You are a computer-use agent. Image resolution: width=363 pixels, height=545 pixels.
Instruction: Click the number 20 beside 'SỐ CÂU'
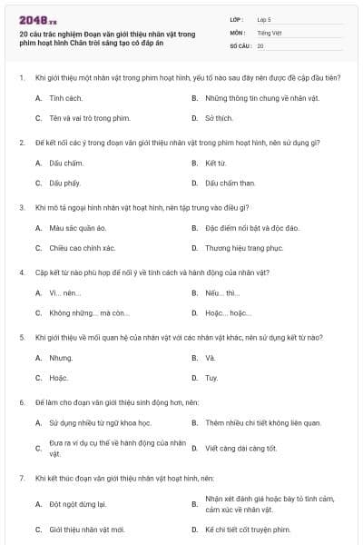click(x=260, y=45)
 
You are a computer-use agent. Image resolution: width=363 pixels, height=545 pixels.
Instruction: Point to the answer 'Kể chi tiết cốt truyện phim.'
click(x=247, y=529)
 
